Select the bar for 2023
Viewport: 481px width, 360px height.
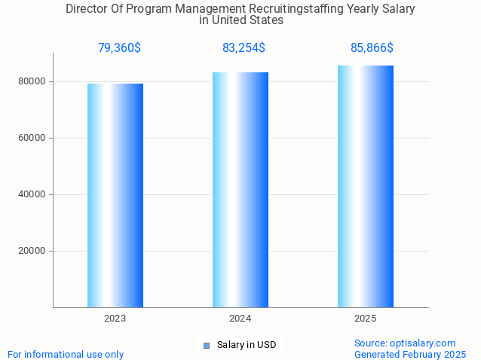115,195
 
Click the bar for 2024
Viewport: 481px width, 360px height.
240,190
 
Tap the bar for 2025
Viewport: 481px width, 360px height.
366,186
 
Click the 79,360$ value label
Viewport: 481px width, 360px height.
119,48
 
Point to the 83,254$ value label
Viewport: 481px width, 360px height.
244,48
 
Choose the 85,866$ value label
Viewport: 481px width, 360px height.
372,48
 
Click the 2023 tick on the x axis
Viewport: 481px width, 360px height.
115,319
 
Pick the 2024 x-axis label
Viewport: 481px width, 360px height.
240,319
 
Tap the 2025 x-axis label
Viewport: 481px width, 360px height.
366,319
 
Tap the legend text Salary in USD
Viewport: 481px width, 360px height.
247,345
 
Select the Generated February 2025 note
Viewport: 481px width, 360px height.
410,354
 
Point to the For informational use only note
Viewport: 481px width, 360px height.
66,354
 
